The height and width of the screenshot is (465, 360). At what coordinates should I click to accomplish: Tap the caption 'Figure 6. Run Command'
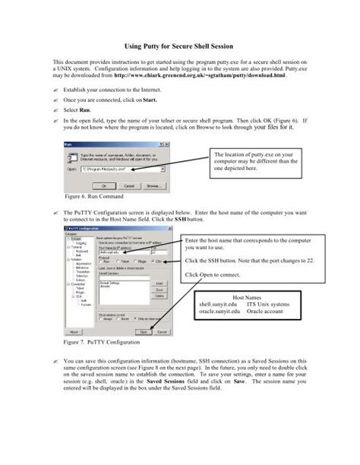click(x=91, y=195)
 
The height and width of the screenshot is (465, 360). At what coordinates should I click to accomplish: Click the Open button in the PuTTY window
click(x=142, y=332)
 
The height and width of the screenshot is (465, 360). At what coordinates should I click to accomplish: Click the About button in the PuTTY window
click(x=74, y=332)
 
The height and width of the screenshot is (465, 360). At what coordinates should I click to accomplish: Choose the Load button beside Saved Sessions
click(x=159, y=283)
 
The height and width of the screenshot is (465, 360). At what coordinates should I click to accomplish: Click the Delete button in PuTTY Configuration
click(x=159, y=296)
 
